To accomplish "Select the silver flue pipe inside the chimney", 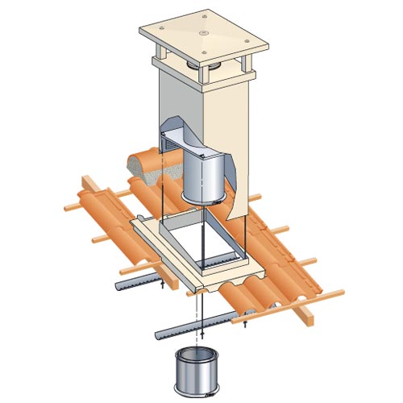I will coord(202,178).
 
